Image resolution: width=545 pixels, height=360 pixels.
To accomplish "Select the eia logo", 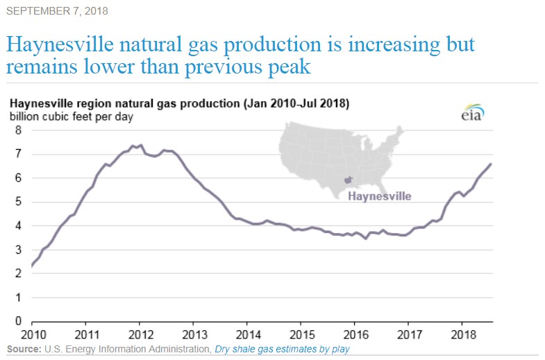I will [471, 114].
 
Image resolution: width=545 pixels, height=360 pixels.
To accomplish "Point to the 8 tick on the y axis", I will [19, 130].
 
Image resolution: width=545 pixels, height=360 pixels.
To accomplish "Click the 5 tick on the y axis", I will [19, 202].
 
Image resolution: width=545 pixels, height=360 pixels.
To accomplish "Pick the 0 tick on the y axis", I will [19, 322].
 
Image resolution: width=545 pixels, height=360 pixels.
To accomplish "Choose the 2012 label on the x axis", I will [140, 334].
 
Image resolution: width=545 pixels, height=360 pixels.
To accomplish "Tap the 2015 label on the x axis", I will [301, 334].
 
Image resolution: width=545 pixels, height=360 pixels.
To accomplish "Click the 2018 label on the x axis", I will [462, 334].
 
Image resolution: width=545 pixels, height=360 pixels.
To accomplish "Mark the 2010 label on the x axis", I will [32, 334].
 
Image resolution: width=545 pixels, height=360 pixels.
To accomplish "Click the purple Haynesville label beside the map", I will [379, 196].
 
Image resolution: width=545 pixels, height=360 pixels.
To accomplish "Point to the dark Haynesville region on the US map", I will [349, 180].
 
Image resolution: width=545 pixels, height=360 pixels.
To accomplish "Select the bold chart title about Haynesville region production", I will [179, 103].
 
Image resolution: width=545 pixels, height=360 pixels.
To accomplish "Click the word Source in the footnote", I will [23, 349].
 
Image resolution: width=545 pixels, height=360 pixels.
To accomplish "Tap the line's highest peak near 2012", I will [141, 145].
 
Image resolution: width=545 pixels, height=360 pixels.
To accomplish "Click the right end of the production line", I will [491, 164].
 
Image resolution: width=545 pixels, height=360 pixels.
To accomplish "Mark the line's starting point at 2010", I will [32, 266].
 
